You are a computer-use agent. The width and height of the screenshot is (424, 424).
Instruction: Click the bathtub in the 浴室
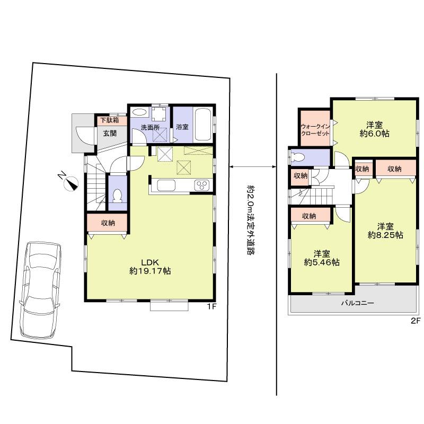tap(204, 123)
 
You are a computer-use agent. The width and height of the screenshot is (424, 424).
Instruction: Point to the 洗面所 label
tap(150, 127)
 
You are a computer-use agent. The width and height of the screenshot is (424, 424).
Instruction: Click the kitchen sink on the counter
tap(166, 185)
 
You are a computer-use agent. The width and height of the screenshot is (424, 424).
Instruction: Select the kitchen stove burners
tap(202, 185)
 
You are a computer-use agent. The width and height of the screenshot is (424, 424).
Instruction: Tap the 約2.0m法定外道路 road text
tap(248, 219)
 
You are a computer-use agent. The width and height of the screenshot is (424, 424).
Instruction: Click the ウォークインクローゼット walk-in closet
tap(315, 130)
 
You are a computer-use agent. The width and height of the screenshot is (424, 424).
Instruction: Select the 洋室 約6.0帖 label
tap(375, 129)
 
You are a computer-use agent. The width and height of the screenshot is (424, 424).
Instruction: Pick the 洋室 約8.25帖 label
tap(386, 229)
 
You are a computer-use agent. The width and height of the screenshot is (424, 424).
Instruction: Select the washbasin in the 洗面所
tap(140, 112)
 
